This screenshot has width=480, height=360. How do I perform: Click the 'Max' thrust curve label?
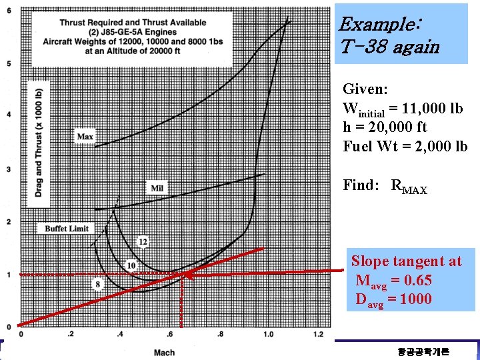[x=85, y=137]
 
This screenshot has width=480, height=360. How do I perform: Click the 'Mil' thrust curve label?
[x=157, y=188]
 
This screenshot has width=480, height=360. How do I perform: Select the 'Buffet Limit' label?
[x=67, y=229]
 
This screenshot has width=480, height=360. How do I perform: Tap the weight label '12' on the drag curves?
[x=143, y=241]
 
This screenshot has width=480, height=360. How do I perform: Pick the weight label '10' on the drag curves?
[x=131, y=265]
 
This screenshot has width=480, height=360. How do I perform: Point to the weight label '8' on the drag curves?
[x=97, y=284]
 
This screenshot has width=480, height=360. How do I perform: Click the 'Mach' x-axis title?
[x=164, y=353]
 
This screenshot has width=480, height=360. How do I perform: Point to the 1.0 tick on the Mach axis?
[x=268, y=334]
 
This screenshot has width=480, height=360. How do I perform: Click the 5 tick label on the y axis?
[x=8, y=63]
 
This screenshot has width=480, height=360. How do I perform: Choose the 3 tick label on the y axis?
[x=8, y=169]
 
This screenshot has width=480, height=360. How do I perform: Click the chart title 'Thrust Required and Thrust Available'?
[x=133, y=23]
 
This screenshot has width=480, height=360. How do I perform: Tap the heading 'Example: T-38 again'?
[x=389, y=36]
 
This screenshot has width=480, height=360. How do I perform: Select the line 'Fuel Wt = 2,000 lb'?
[x=405, y=146]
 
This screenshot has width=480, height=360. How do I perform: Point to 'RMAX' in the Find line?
[x=409, y=186]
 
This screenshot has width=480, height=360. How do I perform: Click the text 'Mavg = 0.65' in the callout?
[x=393, y=280]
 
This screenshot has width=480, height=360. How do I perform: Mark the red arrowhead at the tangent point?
[x=187, y=274]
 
